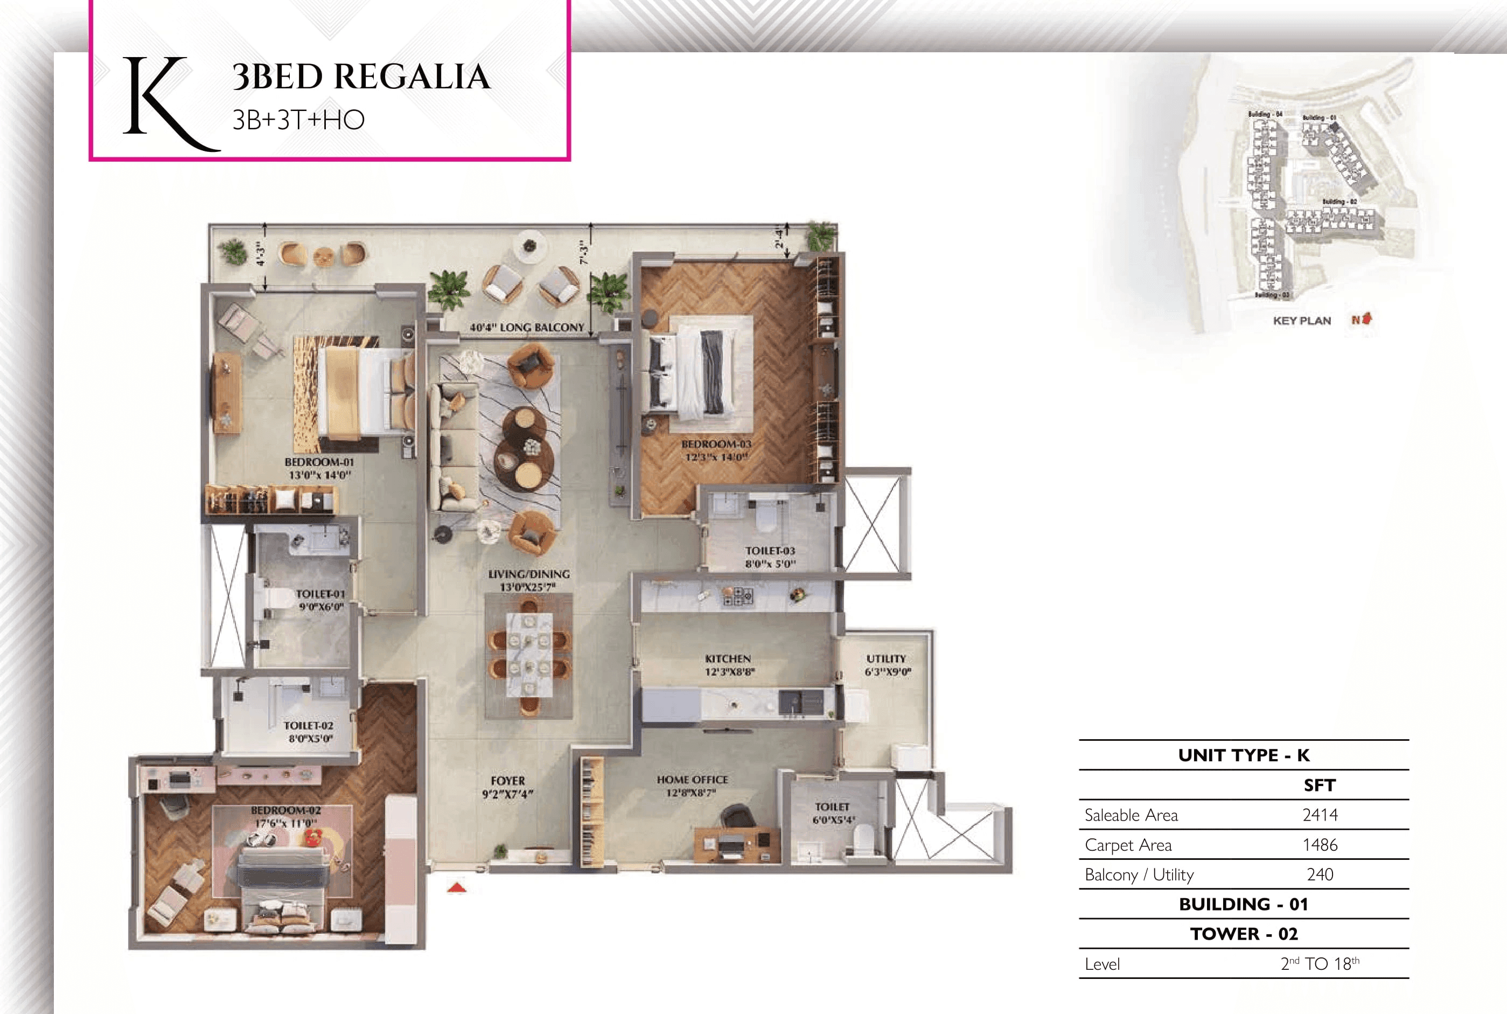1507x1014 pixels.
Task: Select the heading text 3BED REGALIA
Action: (x=361, y=77)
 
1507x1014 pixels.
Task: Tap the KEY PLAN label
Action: (x=1301, y=321)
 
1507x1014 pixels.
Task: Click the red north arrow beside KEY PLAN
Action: (x=1365, y=319)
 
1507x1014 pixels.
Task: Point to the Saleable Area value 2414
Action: (x=1320, y=815)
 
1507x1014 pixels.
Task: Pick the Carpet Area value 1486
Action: (x=1320, y=845)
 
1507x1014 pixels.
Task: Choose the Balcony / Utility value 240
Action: (x=1320, y=874)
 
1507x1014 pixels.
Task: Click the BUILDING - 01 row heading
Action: (x=1243, y=904)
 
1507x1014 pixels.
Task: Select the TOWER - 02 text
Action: (x=1243, y=934)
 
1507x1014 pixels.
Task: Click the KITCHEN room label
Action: (x=728, y=658)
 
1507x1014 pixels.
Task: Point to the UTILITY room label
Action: (x=885, y=658)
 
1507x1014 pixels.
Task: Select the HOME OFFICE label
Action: (x=692, y=780)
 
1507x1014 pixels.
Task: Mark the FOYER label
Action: (x=507, y=781)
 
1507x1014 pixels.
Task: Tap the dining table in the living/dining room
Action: (x=529, y=655)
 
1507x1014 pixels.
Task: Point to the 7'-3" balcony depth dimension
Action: (x=584, y=252)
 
